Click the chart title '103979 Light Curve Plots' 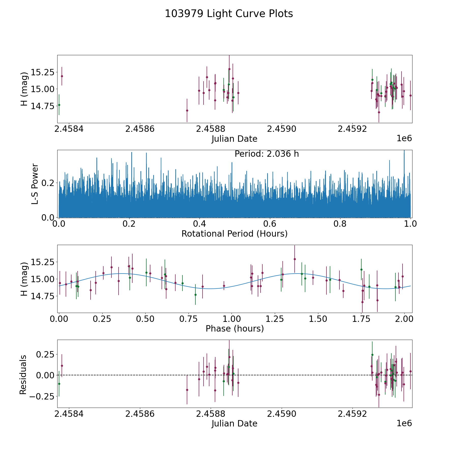pyautogui.click(x=229, y=14)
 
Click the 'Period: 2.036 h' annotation pyautogui.click(x=266, y=154)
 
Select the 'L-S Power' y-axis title pyautogui.click(x=35, y=184)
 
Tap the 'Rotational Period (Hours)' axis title pyautogui.click(x=234, y=234)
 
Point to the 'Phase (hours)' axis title pyautogui.click(x=234, y=328)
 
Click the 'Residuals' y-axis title pyautogui.click(x=23, y=375)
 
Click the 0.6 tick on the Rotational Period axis pyautogui.click(x=270, y=224)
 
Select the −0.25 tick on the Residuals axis pyautogui.click(x=43, y=396)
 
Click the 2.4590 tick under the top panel pyautogui.click(x=281, y=129)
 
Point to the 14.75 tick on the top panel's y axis pyautogui.click(x=42, y=106)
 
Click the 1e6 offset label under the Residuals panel pyautogui.click(x=404, y=423)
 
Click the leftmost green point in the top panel pyautogui.click(x=59, y=105)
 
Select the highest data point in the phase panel pyautogui.click(x=295, y=259)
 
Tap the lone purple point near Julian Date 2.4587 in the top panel pyautogui.click(x=187, y=110)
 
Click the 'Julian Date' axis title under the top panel pyautogui.click(x=234, y=139)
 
